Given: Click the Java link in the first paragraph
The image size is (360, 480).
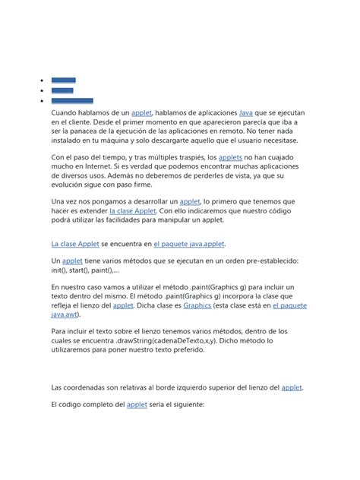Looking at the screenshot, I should pos(245,112).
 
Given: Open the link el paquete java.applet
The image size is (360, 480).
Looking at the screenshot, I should pos(189,245).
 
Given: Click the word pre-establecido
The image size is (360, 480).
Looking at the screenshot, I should pos(264,261).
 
